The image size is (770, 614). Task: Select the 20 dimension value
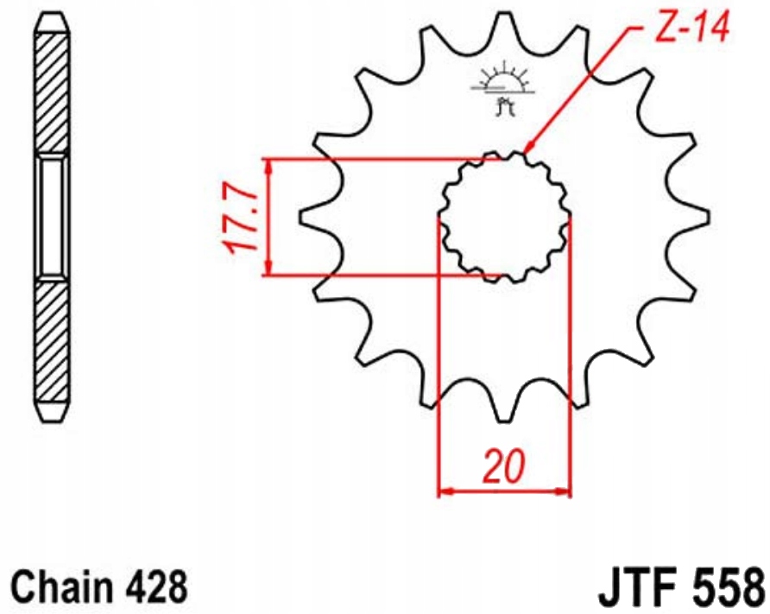(504, 465)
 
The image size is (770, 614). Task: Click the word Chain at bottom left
(60, 587)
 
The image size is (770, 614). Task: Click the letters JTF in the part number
(637, 587)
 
